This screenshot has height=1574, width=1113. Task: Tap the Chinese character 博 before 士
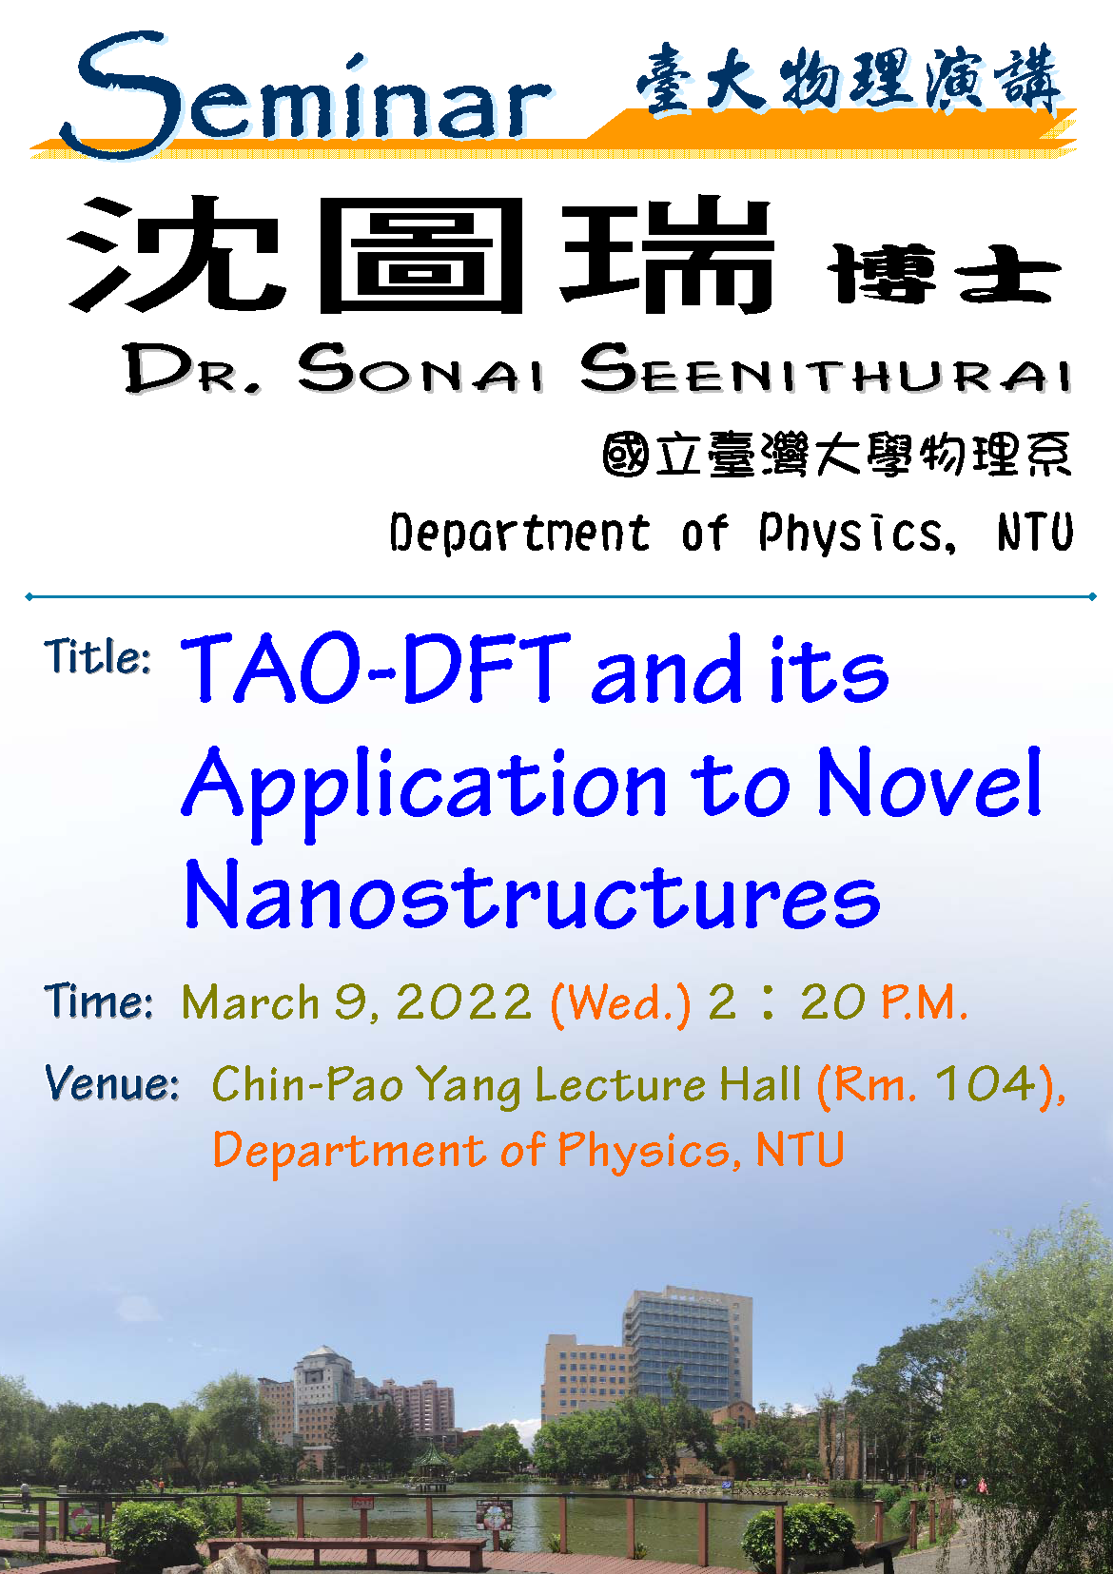tap(881, 274)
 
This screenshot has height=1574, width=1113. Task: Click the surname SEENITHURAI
tap(825, 368)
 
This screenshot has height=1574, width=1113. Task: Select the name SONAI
tap(420, 368)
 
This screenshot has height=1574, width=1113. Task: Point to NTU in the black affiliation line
tap(1035, 532)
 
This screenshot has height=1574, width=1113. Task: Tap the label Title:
tap(97, 657)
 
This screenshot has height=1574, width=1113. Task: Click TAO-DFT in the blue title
tap(375, 668)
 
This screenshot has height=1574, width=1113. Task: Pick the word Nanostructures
tap(531, 895)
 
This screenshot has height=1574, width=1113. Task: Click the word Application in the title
tap(424, 790)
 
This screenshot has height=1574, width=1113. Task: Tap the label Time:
tap(98, 1001)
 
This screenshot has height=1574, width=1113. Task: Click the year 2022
tap(464, 1001)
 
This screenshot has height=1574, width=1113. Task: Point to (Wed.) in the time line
tap(620, 1003)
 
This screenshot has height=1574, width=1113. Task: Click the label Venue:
tap(111, 1083)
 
